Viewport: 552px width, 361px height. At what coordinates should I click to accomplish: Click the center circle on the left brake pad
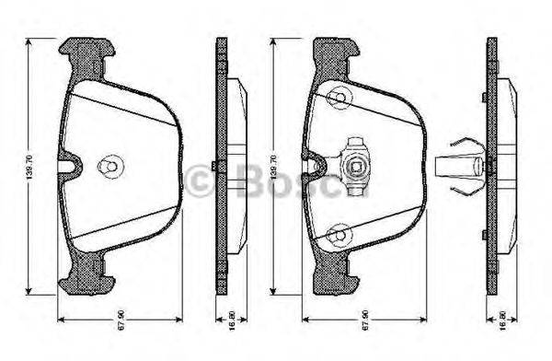(109, 167)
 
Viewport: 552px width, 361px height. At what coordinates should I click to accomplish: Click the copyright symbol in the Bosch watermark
(201, 180)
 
